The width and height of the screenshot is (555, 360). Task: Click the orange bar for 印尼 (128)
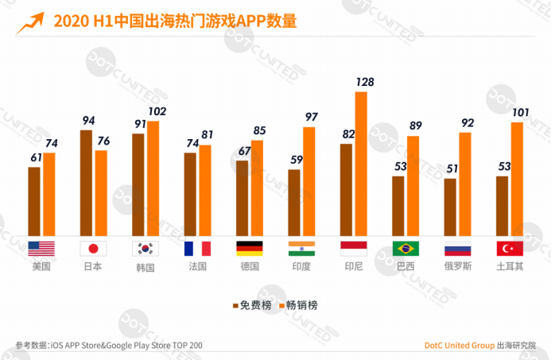[361, 163]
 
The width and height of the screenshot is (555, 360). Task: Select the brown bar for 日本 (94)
[86, 182]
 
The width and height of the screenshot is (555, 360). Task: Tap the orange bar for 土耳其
[517, 178]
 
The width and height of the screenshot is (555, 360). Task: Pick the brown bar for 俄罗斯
[450, 206]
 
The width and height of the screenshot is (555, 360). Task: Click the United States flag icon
[40, 248]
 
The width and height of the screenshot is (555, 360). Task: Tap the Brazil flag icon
[405, 248]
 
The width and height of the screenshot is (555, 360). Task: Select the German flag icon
[249, 248]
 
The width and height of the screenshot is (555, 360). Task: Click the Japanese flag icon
[92, 248]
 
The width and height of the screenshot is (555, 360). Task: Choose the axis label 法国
[196, 267]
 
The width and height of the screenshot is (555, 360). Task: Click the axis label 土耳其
[510, 267]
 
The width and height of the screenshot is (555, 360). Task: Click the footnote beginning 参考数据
[109, 346]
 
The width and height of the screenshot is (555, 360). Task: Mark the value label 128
[364, 82]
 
